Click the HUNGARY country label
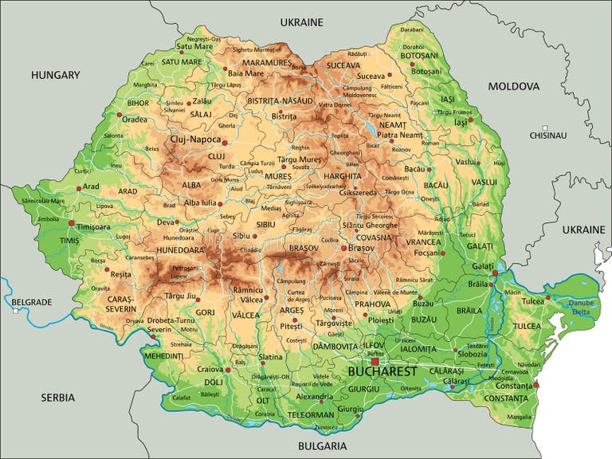click(56, 75)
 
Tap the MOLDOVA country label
click(514, 86)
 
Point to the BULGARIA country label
click(324, 446)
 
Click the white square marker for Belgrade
click(14, 312)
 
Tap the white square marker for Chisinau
click(545, 127)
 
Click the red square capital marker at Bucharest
click(375, 361)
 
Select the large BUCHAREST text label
click(382, 372)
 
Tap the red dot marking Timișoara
click(72, 224)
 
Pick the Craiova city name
click(210, 369)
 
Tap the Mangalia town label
click(519, 416)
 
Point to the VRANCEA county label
click(424, 241)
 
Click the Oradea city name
click(135, 120)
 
